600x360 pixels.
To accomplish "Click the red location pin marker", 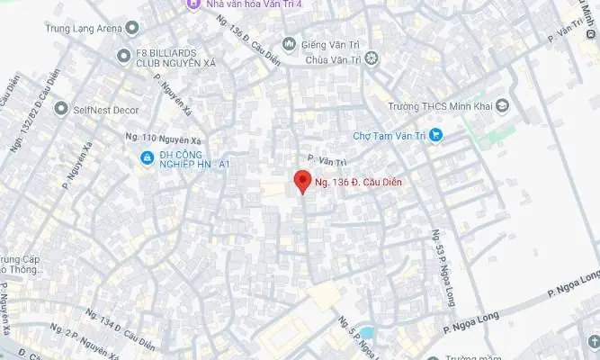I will pyautogui.click(x=301, y=181).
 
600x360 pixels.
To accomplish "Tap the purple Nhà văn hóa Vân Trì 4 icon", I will pyautogui.click(x=193, y=4).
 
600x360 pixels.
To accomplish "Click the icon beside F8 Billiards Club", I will pyautogui.click(x=124, y=57).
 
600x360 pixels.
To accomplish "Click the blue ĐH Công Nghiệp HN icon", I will pyautogui.click(x=146, y=158).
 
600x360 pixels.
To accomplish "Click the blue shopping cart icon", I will pyautogui.click(x=435, y=136).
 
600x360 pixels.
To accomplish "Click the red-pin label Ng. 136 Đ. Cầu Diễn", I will pyautogui.click(x=357, y=184).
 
